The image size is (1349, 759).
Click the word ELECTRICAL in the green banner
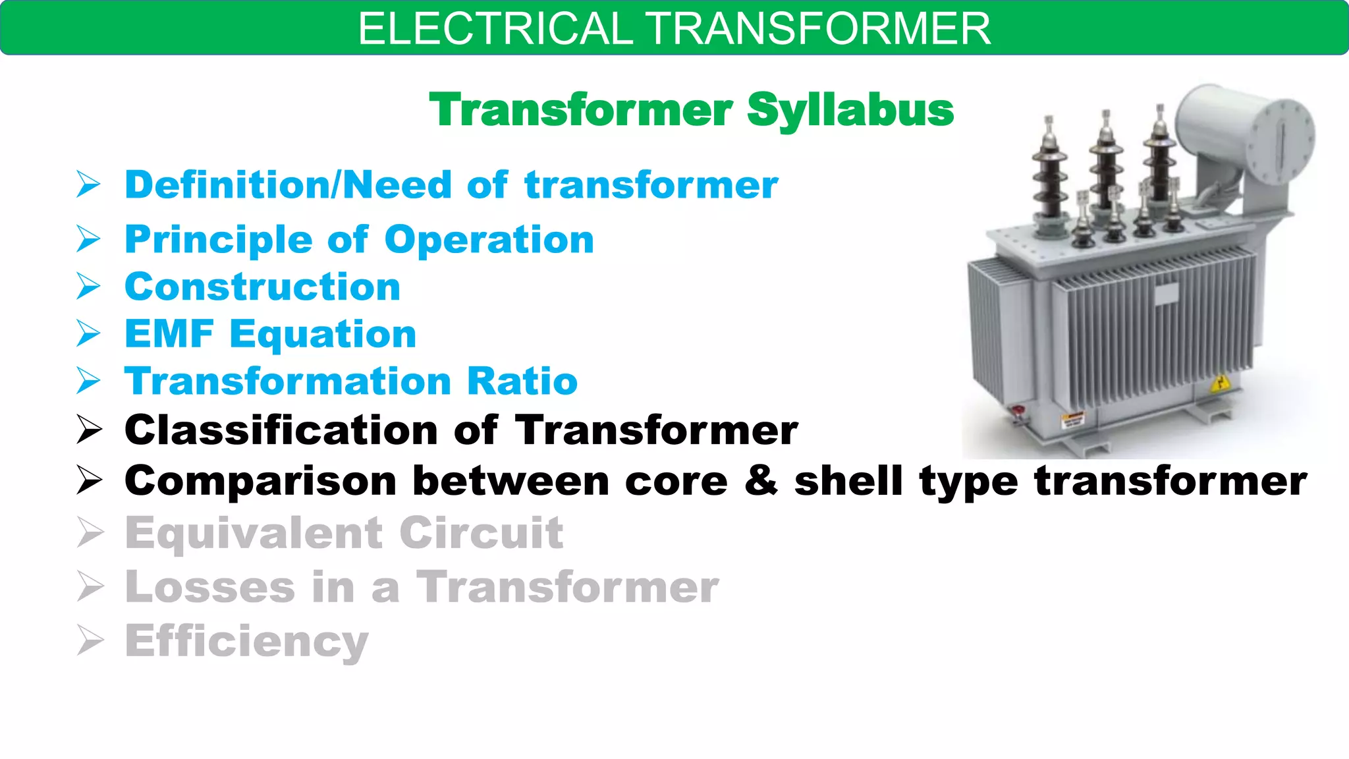pos(495,29)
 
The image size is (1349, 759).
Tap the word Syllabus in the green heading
pos(850,110)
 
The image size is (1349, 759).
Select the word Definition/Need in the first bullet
pos(289,185)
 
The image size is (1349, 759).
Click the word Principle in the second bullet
pos(218,240)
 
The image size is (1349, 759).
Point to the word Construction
pos(262,287)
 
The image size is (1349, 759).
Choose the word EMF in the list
pos(169,334)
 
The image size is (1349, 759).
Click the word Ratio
pos(522,381)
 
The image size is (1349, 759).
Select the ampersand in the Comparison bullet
pos(761,480)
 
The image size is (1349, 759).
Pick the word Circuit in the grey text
pos(481,532)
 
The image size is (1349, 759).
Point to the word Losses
pos(210,586)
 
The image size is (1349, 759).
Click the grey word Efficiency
pos(247,641)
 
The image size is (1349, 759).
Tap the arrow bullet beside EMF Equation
pos(88,333)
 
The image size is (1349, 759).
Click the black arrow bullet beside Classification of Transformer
pos(89,430)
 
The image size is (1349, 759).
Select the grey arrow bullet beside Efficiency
pos(90,640)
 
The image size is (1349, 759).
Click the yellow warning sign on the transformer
pos(1220,383)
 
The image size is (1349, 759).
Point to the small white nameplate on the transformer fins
pos(1166,293)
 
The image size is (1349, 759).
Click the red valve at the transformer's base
pos(1018,413)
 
